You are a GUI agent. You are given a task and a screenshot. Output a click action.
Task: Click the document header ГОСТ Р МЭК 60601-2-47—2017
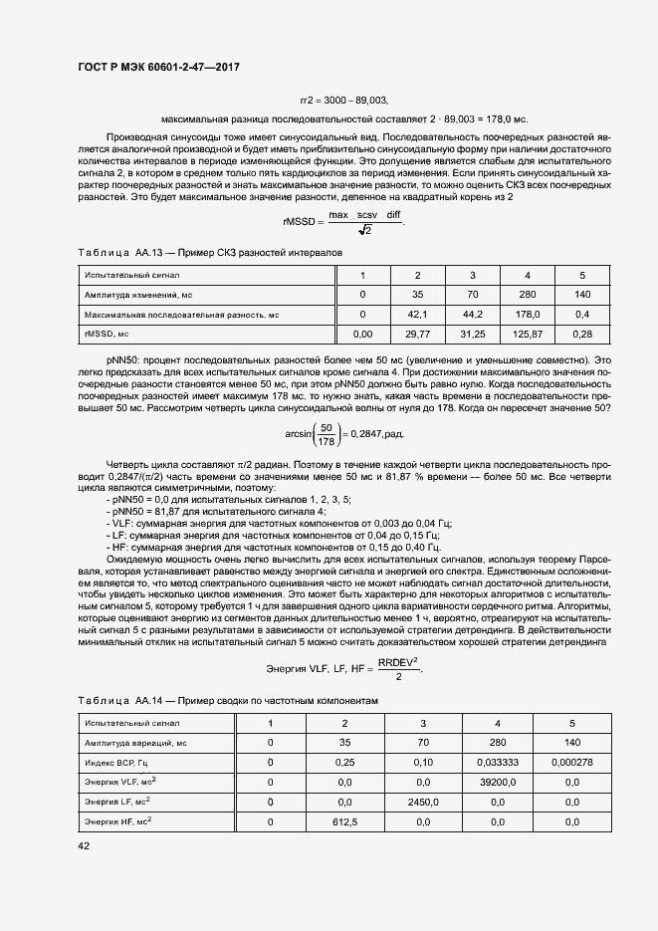point(158,67)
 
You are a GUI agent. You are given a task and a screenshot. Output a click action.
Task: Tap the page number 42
point(83,845)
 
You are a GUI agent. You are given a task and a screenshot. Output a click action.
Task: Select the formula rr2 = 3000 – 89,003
point(343,101)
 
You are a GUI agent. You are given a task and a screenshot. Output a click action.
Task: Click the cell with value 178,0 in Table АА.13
point(528,315)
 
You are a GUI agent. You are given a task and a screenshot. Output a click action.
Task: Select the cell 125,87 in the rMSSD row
point(528,335)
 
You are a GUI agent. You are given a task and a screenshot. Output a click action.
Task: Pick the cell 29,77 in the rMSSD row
point(417,335)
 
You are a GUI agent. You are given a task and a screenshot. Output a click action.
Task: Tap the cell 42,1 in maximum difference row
point(417,315)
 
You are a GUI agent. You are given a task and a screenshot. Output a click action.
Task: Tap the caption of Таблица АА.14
point(229,700)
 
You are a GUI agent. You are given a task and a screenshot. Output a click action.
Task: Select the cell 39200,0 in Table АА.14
point(495,782)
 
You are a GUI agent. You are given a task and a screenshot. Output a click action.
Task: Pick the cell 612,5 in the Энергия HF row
point(344,822)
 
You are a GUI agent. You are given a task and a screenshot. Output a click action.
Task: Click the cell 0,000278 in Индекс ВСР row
point(571,762)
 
